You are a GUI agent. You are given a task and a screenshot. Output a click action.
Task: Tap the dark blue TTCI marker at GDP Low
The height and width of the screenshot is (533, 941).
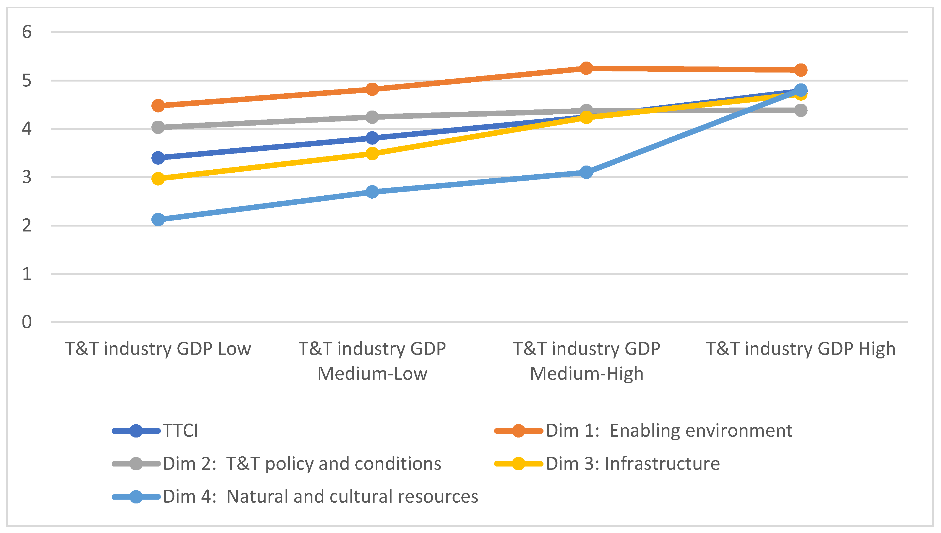[x=158, y=158]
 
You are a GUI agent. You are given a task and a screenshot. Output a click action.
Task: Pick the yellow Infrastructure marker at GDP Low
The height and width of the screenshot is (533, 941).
[x=158, y=179]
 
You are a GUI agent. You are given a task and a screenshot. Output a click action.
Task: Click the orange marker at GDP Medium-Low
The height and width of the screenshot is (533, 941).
[x=372, y=89]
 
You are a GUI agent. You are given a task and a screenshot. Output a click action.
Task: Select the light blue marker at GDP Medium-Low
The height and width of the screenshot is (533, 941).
[x=372, y=192]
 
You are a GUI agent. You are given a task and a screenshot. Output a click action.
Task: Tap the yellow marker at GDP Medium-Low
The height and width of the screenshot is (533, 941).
[x=372, y=153]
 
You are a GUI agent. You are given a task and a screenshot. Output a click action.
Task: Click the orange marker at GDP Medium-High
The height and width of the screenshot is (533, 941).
[x=586, y=68]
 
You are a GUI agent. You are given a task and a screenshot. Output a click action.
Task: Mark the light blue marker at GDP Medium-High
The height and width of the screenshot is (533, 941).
[x=586, y=172]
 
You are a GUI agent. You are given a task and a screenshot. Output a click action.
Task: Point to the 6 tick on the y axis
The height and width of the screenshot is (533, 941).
[x=27, y=32]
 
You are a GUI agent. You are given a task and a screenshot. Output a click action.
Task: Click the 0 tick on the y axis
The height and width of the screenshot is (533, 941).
[x=27, y=322]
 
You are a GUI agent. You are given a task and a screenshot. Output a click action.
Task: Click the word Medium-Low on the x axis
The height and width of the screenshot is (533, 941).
[x=372, y=374]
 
